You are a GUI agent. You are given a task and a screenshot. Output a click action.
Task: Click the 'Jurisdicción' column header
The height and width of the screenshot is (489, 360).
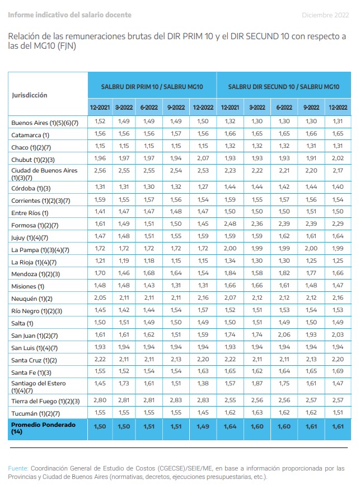point(30,95)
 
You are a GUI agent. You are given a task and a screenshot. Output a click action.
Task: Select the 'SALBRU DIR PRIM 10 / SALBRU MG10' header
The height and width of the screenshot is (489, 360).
point(152,87)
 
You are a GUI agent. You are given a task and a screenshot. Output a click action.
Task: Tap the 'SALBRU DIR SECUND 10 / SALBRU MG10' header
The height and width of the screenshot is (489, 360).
point(284,87)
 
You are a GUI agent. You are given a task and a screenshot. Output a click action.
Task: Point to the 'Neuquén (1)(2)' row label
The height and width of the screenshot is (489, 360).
point(32,299)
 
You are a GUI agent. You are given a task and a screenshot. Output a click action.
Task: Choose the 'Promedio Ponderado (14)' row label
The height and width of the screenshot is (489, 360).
point(43,428)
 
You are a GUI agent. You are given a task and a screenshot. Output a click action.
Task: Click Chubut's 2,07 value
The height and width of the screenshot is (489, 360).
point(203,158)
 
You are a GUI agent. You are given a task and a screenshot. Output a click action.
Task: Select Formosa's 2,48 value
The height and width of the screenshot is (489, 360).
point(230,223)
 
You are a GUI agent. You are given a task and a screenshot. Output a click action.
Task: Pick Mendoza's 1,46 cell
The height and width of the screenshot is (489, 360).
point(124,273)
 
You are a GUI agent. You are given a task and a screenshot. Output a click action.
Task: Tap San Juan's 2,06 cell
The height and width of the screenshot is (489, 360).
point(284,334)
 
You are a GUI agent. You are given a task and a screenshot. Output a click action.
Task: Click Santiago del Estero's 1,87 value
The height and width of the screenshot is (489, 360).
point(257,383)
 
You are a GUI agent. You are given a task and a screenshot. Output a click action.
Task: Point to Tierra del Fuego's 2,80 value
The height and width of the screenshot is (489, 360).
point(100,400)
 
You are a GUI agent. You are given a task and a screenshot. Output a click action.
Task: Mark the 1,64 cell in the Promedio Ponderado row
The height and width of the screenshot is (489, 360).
point(230,426)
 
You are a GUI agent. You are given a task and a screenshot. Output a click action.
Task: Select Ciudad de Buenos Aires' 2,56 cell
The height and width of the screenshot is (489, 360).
point(100,171)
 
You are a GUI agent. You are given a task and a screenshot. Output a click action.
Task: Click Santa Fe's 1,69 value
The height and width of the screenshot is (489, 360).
point(338,371)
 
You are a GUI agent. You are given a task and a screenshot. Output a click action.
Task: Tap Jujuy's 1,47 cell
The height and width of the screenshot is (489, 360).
point(100,236)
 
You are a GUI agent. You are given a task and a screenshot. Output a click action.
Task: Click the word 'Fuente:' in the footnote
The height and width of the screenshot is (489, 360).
point(18,468)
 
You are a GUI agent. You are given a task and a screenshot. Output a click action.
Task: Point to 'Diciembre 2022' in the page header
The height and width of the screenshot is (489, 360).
point(325,15)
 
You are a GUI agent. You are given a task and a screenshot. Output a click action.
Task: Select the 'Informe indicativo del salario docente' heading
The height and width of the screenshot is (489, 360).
point(69,15)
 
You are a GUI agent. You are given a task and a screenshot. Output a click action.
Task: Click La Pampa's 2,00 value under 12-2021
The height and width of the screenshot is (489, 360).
point(230,248)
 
